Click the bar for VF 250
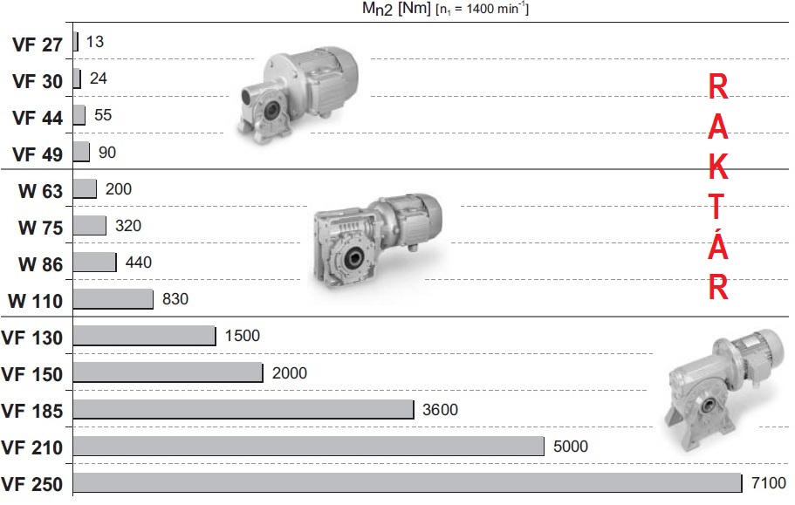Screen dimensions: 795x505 408,482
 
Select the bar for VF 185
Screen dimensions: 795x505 243,409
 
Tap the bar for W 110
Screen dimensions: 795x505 113,299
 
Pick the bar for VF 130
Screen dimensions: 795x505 145,336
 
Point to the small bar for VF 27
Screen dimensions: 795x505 76,42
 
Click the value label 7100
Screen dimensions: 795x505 769,482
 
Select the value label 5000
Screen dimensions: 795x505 571,447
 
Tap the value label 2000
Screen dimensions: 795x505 290,372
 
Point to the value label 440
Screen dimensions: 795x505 139,263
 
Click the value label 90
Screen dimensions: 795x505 107,152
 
